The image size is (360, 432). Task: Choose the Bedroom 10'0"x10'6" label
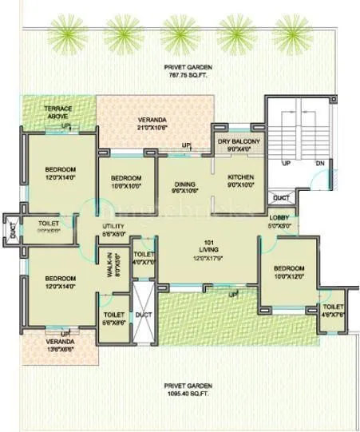click(125, 181)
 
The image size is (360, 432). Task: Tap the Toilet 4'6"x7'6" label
click(333, 311)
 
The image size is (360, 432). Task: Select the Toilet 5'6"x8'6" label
click(113, 320)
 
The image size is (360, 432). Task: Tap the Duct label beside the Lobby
click(280, 197)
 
